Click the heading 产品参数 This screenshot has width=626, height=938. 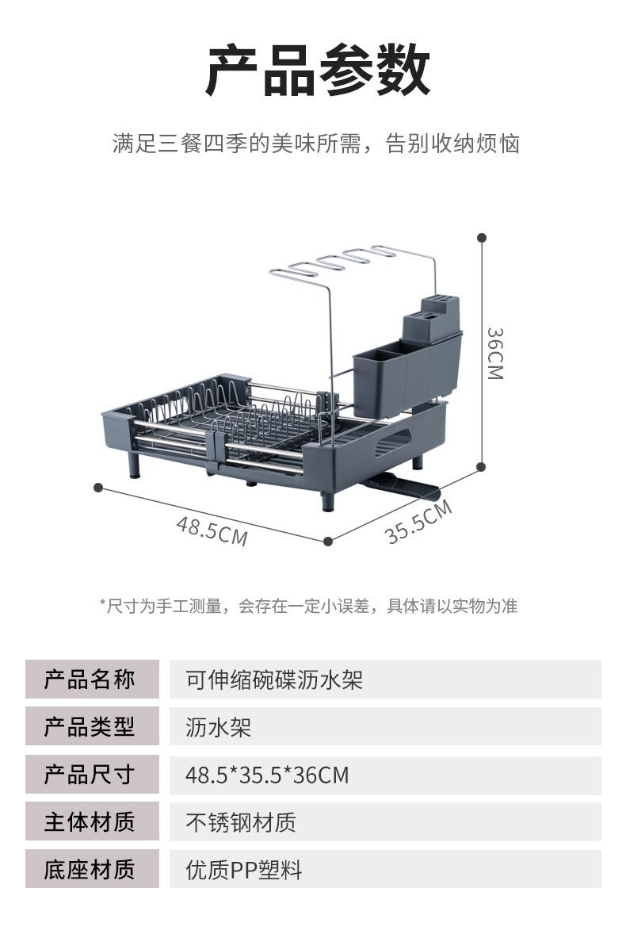(x=317, y=71)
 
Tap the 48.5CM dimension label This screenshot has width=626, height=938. (x=212, y=530)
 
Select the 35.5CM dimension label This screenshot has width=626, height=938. (x=418, y=522)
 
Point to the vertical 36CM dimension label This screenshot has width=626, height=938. (x=494, y=354)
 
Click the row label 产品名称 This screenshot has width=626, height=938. (x=90, y=680)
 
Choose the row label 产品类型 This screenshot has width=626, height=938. (x=90, y=727)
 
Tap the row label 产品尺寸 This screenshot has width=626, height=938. (x=90, y=775)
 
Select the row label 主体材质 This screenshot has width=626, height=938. (x=90, y=822)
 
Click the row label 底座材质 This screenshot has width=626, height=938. (x=90, y=870)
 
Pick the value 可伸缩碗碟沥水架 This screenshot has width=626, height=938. (x=274, y=680)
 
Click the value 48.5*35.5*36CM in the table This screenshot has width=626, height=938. (x=267, y=775)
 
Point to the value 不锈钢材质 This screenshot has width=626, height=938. (x=241, y=822)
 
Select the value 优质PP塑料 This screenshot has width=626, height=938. (x=244, y=870)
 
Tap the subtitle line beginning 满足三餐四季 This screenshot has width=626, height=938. (x=315, y=144)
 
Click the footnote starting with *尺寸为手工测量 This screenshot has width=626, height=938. (x=308, y=607)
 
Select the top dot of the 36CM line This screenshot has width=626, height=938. (x=482, y=237)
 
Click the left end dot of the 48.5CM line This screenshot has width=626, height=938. (x=98, y=487)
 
